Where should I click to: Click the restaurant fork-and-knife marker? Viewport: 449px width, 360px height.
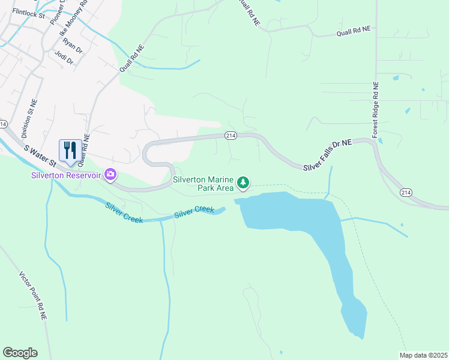pyautogui.click(x=70, y=151)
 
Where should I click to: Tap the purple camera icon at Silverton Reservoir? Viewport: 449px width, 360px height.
pyautogui.click(x=110, y=175)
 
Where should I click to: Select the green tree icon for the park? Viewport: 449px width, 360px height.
pyautogui.click(x=243, y=182)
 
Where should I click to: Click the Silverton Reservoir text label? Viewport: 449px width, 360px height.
pyautogui.click(x=67, y=175)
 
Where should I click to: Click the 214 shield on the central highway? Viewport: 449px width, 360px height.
pyautogui.click(x=231, y=136)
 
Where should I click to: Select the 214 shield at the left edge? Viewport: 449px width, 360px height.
pyautogui.click(x=4, y=124)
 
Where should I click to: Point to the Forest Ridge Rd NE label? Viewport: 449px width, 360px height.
pyautogui.click(x=375, y=110)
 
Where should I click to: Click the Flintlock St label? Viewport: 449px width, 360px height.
pyautogui.click(x=28, y=11)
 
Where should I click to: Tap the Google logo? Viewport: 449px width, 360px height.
pyautogui.click(x=20, y=353)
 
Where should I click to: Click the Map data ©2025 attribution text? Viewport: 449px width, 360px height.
pyautogui.click(x=423, y=355)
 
